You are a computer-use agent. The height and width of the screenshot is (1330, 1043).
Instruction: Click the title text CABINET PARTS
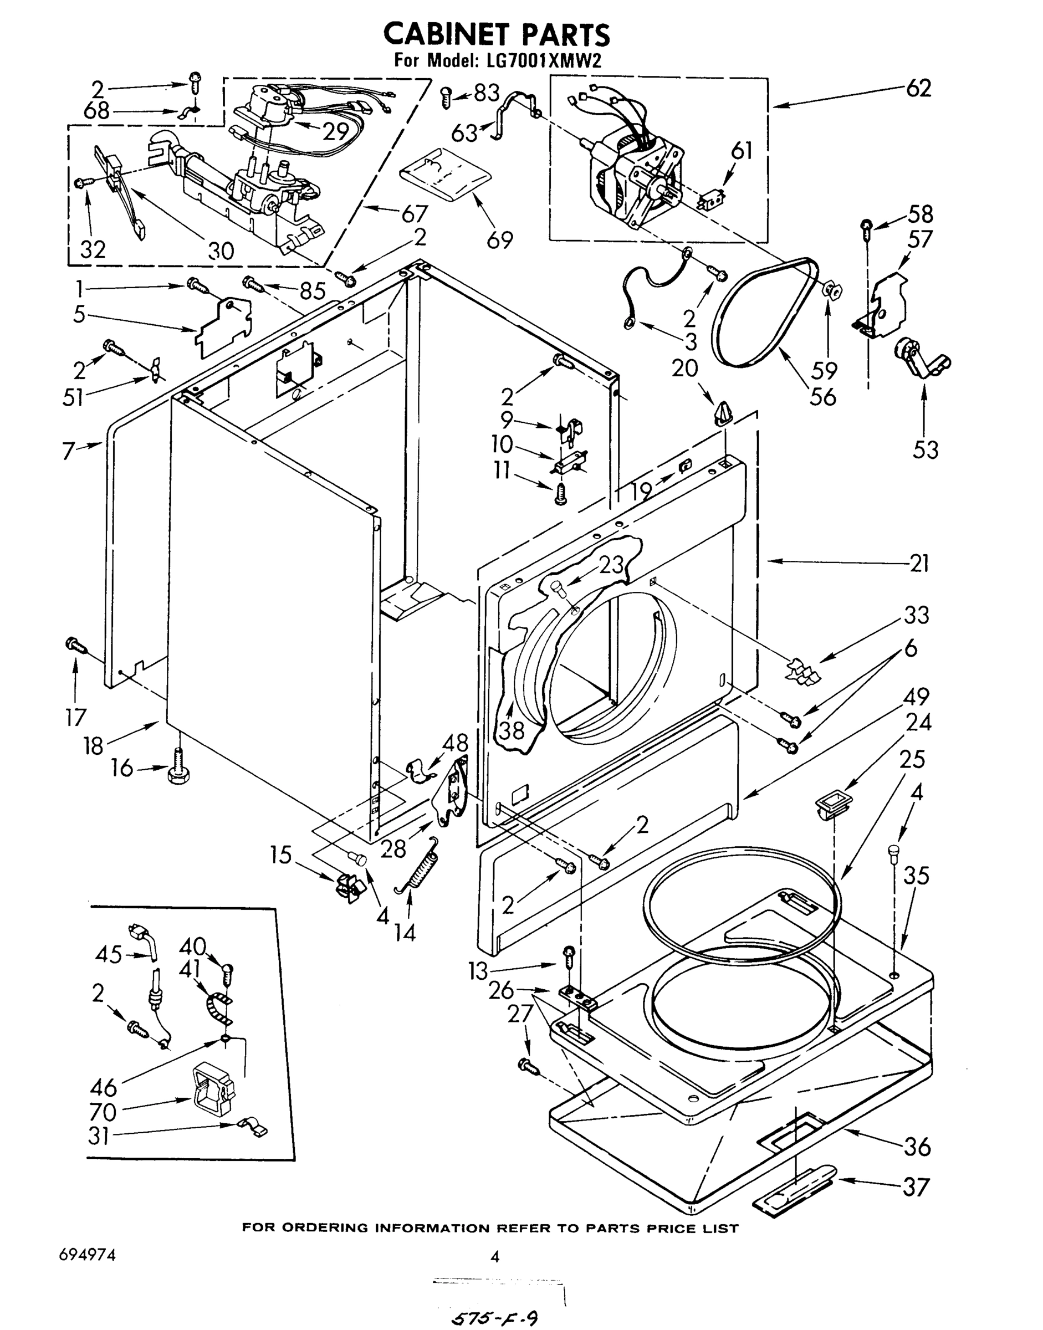click(496, 34)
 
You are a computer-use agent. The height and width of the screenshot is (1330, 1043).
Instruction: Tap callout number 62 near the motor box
click(918, 89)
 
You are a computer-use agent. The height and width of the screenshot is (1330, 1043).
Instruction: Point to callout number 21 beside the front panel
click(918, 563)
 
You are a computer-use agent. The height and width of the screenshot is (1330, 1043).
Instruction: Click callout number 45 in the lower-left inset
click(109, 954)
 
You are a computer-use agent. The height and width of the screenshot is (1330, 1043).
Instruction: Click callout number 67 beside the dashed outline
click(414, 214)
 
